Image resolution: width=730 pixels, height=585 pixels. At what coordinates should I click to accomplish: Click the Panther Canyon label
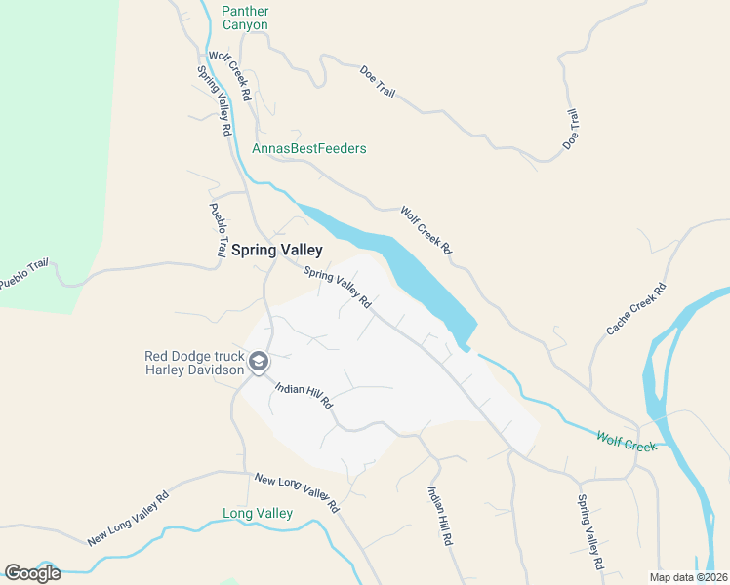pos(245,18)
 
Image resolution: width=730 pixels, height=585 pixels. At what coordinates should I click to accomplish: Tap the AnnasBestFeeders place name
pos(309,149)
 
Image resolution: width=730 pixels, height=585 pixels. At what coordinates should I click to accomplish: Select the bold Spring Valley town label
pos(276,250)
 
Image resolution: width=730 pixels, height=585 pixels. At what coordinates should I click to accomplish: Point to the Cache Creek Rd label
pos(635,309)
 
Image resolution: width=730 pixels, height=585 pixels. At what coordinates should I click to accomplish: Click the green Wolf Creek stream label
pos(627,443)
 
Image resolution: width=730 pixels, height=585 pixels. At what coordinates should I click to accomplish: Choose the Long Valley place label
pos(258,513)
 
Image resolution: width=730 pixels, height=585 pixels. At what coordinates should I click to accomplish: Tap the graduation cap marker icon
pos(259,363)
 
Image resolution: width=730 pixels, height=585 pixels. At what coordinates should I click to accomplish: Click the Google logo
pos(32,572)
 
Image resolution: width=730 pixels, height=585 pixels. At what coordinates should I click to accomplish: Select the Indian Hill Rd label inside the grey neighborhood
pos(304,395)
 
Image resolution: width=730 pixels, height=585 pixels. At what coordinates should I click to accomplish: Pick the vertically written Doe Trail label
pos(573,129)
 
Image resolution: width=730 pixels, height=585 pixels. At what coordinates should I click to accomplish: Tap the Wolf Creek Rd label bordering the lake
pos(426,230)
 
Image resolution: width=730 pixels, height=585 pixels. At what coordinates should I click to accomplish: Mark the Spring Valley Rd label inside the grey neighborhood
pos(338,289)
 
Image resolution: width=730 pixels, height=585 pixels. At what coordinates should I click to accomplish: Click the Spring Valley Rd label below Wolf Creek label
pos(589,532)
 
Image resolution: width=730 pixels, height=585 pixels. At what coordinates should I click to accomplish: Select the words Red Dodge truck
pos(193,356)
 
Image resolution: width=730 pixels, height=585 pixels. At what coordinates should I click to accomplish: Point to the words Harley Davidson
pos(194,370)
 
